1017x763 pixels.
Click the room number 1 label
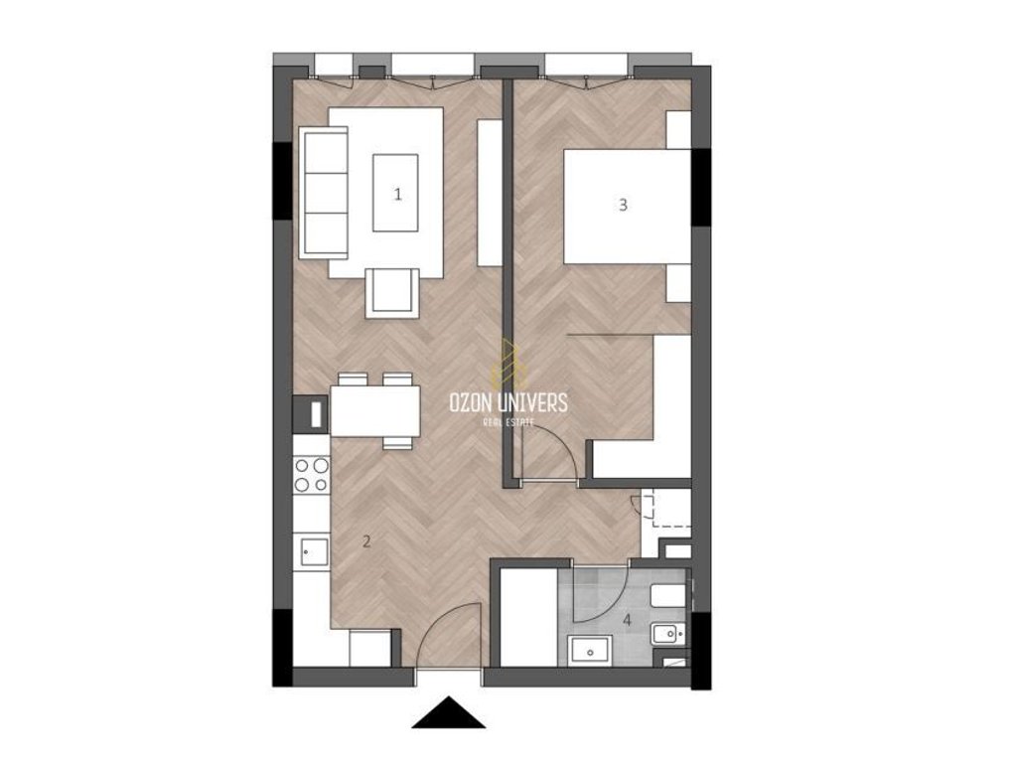click(397, 194)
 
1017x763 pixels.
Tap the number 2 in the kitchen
click(366, 541)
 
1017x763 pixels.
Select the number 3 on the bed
click(624, 205)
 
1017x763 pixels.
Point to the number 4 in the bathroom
click(628, 620)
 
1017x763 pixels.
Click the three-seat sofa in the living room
click(323, 194)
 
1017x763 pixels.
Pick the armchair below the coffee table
click(391, 293)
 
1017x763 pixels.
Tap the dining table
click(375, 410)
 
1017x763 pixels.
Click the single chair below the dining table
click(397, 442)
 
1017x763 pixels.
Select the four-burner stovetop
click(311, 475)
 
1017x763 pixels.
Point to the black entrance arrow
click(448, 712)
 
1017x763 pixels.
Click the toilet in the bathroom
click(668, 596)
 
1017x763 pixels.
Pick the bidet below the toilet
click(668, 633)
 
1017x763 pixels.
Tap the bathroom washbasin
click(590, 651)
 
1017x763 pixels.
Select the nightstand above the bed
click(678, 130)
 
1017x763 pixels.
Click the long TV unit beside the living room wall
click(490, 192)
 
